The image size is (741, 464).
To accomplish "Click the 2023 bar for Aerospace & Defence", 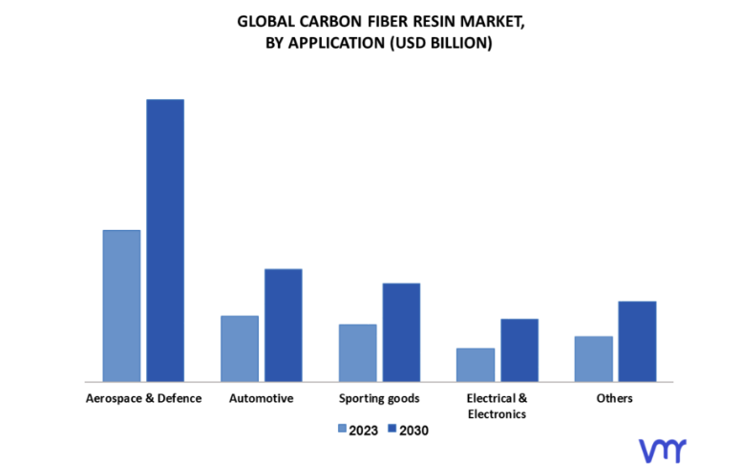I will (121, 306).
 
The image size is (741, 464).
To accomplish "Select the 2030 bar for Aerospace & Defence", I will (164, 240).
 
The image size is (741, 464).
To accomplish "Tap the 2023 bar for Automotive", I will (240, 348).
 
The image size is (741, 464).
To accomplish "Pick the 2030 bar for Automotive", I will (283, 325).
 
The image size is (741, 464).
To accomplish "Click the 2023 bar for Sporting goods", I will (357, 352).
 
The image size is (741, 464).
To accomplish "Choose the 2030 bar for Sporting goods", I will (401, 331).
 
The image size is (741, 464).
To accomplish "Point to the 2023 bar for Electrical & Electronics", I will (476, 364).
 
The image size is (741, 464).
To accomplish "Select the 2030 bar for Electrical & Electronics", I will (519, 349).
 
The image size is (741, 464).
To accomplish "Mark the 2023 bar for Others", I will (594, 358).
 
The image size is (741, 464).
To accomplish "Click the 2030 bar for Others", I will (637, 341).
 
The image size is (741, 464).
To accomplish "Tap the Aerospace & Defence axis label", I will (143, 398).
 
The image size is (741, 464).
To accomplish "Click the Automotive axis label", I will (261, 398).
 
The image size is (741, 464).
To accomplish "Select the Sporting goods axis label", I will (379, 398).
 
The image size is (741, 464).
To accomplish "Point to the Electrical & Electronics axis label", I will (497, 406).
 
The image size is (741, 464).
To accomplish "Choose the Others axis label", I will (614, 398).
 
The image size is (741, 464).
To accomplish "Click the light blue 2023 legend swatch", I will (342, 430).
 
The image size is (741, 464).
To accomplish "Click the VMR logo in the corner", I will (662, 449).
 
